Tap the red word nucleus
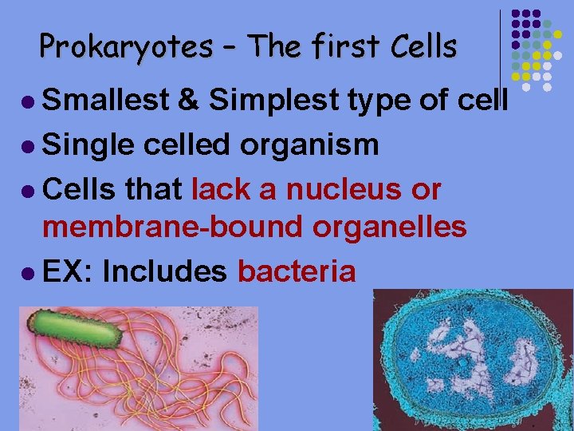click(349, 189)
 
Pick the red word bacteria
click(297, 271)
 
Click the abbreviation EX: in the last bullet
click(68, 271)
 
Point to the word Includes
click(165, 271)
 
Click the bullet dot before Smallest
click(29, 101)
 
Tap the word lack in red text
click(224, 189)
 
